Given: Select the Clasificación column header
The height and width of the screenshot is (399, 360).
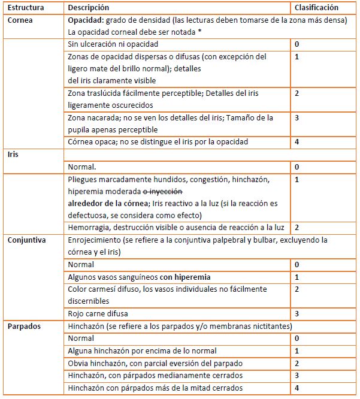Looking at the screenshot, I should pyautogui.click(x=317, y=8).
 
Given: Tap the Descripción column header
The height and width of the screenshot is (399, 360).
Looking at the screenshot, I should pyautogui.click(x=89, y=8).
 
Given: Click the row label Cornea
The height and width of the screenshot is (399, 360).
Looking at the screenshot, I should pyautogui.click(x=20, y=20).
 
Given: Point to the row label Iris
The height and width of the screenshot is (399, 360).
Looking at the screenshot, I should pyautogui.click(x=13, y=154).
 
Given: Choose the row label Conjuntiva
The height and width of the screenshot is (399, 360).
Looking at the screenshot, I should pyautogui.click(x=27, y=240).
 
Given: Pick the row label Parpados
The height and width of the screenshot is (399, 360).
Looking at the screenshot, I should pyautogui.click(x=25, y=326).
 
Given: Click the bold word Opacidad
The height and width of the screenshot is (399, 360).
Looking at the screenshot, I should pyautogui.click(x=86, y=20).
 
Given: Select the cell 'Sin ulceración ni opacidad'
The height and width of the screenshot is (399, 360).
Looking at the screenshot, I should pyautogui.click(x=113, y=44).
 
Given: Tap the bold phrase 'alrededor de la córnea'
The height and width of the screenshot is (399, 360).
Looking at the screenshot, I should pyautogui.click(x=105, y=203).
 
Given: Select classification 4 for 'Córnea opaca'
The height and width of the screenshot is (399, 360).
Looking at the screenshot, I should pyautogui.click(x=297, y=142).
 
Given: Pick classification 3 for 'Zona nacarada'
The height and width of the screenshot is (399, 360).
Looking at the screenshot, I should pyautogui.click(x=297, y=117).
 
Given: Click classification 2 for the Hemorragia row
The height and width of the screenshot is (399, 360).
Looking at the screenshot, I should pyautogui.click(x=297, y=228).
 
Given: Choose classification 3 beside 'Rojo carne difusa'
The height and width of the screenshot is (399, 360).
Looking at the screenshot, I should pyautogui.click(x=297, y=313).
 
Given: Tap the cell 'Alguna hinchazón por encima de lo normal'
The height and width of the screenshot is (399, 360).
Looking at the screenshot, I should pyautogui.click(x=142, y=350).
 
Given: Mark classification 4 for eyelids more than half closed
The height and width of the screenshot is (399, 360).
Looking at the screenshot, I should pyautogui.click(x=297, y=387).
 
